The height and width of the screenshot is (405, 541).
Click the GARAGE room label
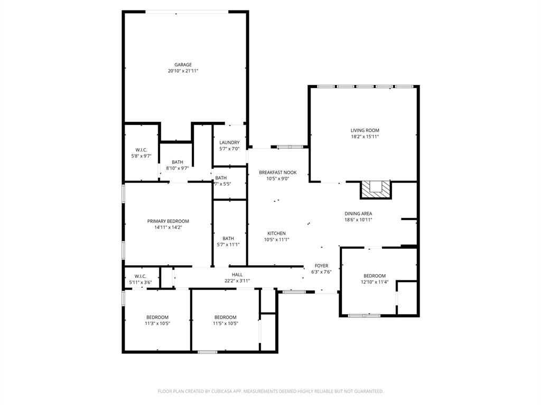click(x=183, y=65)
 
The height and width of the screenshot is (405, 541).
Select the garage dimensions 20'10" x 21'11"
click(x=183, y=71)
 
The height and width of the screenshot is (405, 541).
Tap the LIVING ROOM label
click(x=365, y=130)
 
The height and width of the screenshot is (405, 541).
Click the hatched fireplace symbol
click(x=376, y=189)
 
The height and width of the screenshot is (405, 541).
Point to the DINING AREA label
click(x=358, y=214)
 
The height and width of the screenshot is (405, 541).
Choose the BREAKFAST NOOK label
click(x=277, y=172)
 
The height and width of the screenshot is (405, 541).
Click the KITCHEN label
click(x=276, y=233)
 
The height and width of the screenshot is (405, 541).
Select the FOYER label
click(x=321, y=266)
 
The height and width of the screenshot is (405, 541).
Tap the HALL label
click(x=237, y=275)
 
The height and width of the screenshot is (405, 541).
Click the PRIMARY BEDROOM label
click(x=168, y=221)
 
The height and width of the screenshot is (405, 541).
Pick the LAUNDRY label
click(x=229, y=142)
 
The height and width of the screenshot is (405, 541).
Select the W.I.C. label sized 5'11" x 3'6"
click(x=140, y=276)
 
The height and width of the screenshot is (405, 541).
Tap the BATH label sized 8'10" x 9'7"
click(x=178, y=162)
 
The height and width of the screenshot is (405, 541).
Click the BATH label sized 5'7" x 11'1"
click(x=228, y=238)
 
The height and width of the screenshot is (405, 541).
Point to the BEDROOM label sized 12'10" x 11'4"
click(x=374, y=276)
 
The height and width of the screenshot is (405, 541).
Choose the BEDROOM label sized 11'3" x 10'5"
click(x=157, y=317)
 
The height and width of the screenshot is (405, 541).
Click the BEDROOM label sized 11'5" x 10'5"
click(x=225, y=317)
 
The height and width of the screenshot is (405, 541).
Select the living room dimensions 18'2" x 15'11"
click(x=365, y=137)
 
